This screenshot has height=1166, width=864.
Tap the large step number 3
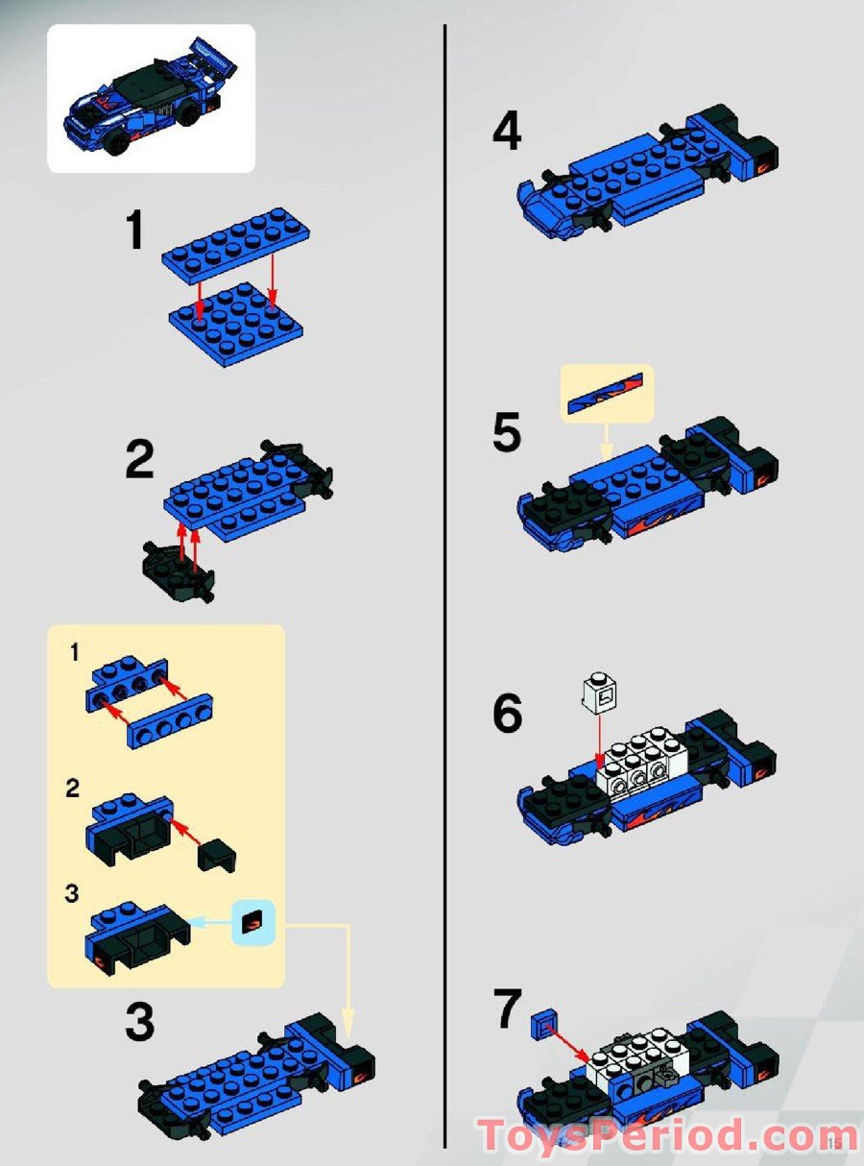click(x=140, y=1023)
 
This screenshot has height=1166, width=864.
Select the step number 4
click(x=507, y=132)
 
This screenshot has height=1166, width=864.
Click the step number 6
click(x=507, y=714)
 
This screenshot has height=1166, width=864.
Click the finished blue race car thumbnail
click(x=151, y=98)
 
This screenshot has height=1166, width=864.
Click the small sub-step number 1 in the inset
click(x=74, y=654)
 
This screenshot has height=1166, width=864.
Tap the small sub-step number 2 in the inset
click(x=74, y=789)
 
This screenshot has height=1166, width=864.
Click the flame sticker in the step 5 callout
click(x=607, y=392)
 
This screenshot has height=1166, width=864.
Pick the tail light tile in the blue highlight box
click(x=253, y=923)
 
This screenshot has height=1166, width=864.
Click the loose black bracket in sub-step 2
click(x=218, y=853)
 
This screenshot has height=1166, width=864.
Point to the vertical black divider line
click(x=445, y=576)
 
